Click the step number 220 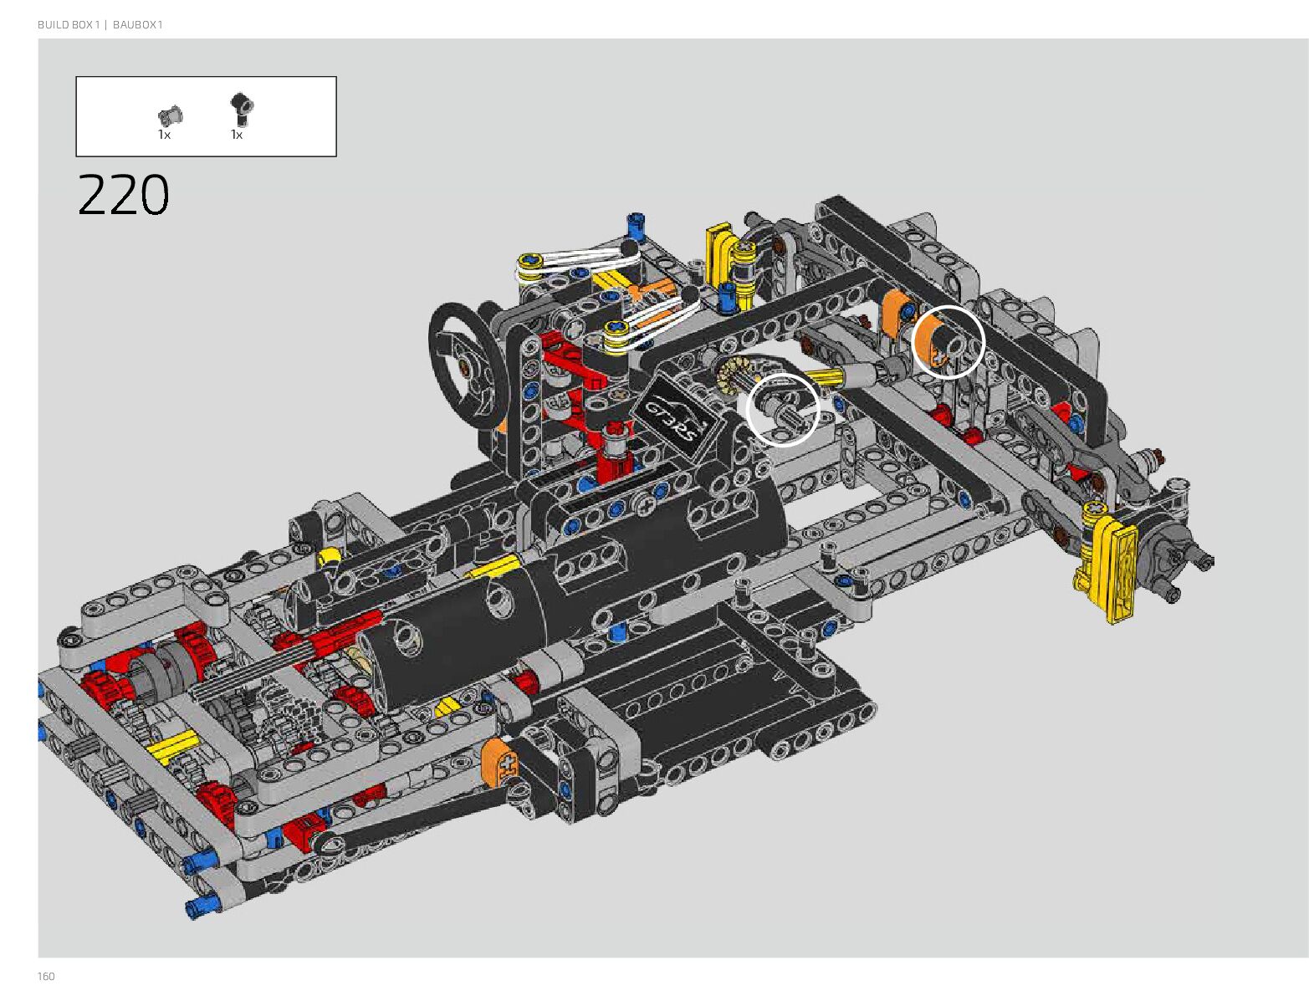pos(123,194)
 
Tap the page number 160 pos(46,976)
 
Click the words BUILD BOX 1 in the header pos(69,24)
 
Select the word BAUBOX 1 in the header pos(138,24)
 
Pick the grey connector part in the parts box pos(171,115)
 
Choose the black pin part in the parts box pos(242,110)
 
